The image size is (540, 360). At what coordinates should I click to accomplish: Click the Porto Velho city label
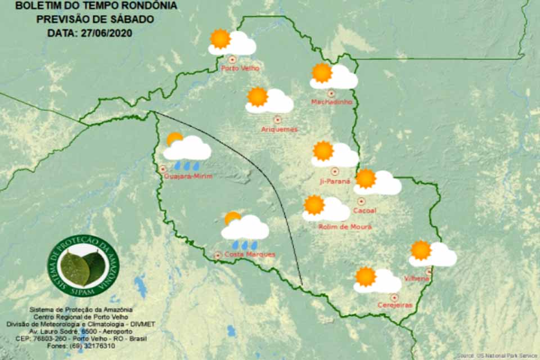pyautogui.click(x=235, y=69)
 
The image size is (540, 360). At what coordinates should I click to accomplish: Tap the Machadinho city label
pyautogui.click(x=331, y=102)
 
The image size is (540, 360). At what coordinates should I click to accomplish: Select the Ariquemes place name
pyautogui.click(x=279, y=129)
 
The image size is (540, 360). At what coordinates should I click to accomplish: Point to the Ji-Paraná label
pyautogui.click(x=335, y=181)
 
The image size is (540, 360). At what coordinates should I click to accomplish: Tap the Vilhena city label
pyautogui.click(x=417, y=278)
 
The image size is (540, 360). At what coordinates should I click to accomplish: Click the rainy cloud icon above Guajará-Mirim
pyautogui.click(x=187, y=151)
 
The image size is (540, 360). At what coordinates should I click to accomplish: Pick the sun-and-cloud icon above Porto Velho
pyautogui.click(x=232, y=42)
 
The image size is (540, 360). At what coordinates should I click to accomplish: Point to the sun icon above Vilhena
pyautogui.click(x=421, y=250)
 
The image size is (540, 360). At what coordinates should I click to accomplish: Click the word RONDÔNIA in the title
pyautogui.click(x=148, y=6)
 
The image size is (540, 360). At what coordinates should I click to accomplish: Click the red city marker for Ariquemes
pyautogui.click(x=277, y=120)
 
